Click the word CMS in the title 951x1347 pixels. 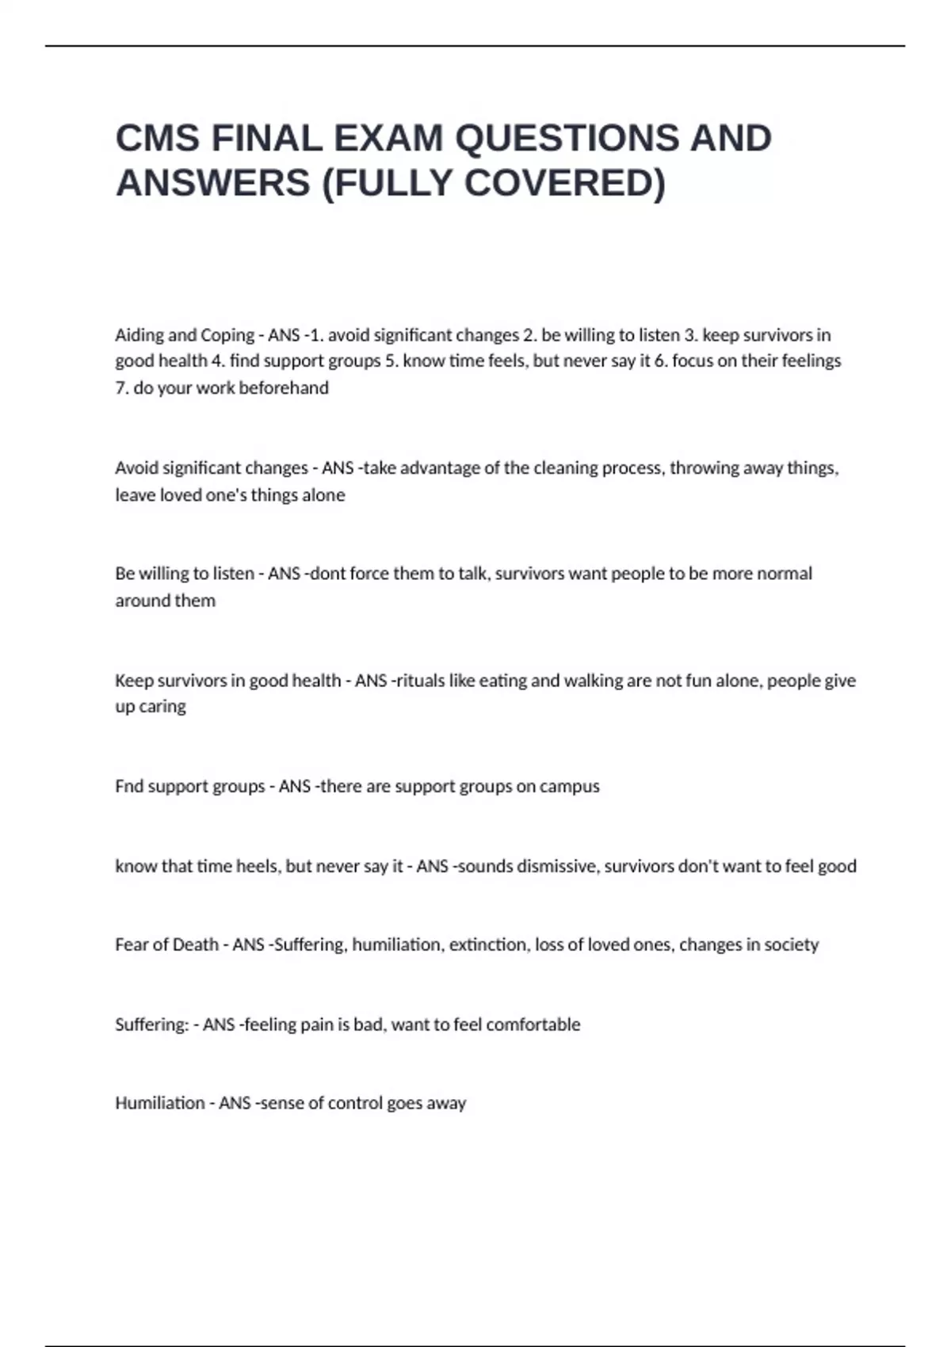click(158, 139)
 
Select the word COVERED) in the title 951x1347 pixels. click(564, 183)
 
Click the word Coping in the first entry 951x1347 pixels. click(227, 335)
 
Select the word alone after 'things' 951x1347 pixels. click(323, 495)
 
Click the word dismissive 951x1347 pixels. click(556, 866)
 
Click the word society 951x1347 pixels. click(789, 945)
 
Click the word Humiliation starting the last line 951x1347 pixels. click(160, 1103)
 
